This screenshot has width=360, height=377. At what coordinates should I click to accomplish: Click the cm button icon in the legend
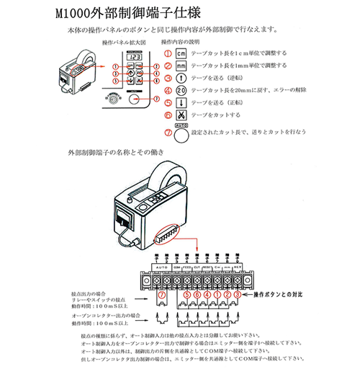coord(181,54)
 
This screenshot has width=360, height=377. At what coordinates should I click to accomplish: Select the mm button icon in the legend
coord(181,66)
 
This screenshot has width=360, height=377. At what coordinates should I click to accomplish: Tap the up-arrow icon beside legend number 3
coord(181,78)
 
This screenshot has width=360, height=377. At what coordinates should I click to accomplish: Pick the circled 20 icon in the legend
coord(181,91)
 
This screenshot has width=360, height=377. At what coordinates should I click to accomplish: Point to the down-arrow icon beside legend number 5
coord(181,103)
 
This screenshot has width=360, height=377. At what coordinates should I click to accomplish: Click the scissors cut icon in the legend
coord(181,115)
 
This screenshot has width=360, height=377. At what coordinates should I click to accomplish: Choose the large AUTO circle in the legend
coord(182,133)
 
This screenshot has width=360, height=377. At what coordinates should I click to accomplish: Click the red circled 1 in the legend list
coord(167,54)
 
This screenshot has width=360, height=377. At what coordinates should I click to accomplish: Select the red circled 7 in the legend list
coord(167,132)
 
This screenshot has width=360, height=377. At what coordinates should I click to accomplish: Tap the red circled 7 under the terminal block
coord(161,295)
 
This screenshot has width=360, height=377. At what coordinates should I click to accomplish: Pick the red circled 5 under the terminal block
coord(186,295)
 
